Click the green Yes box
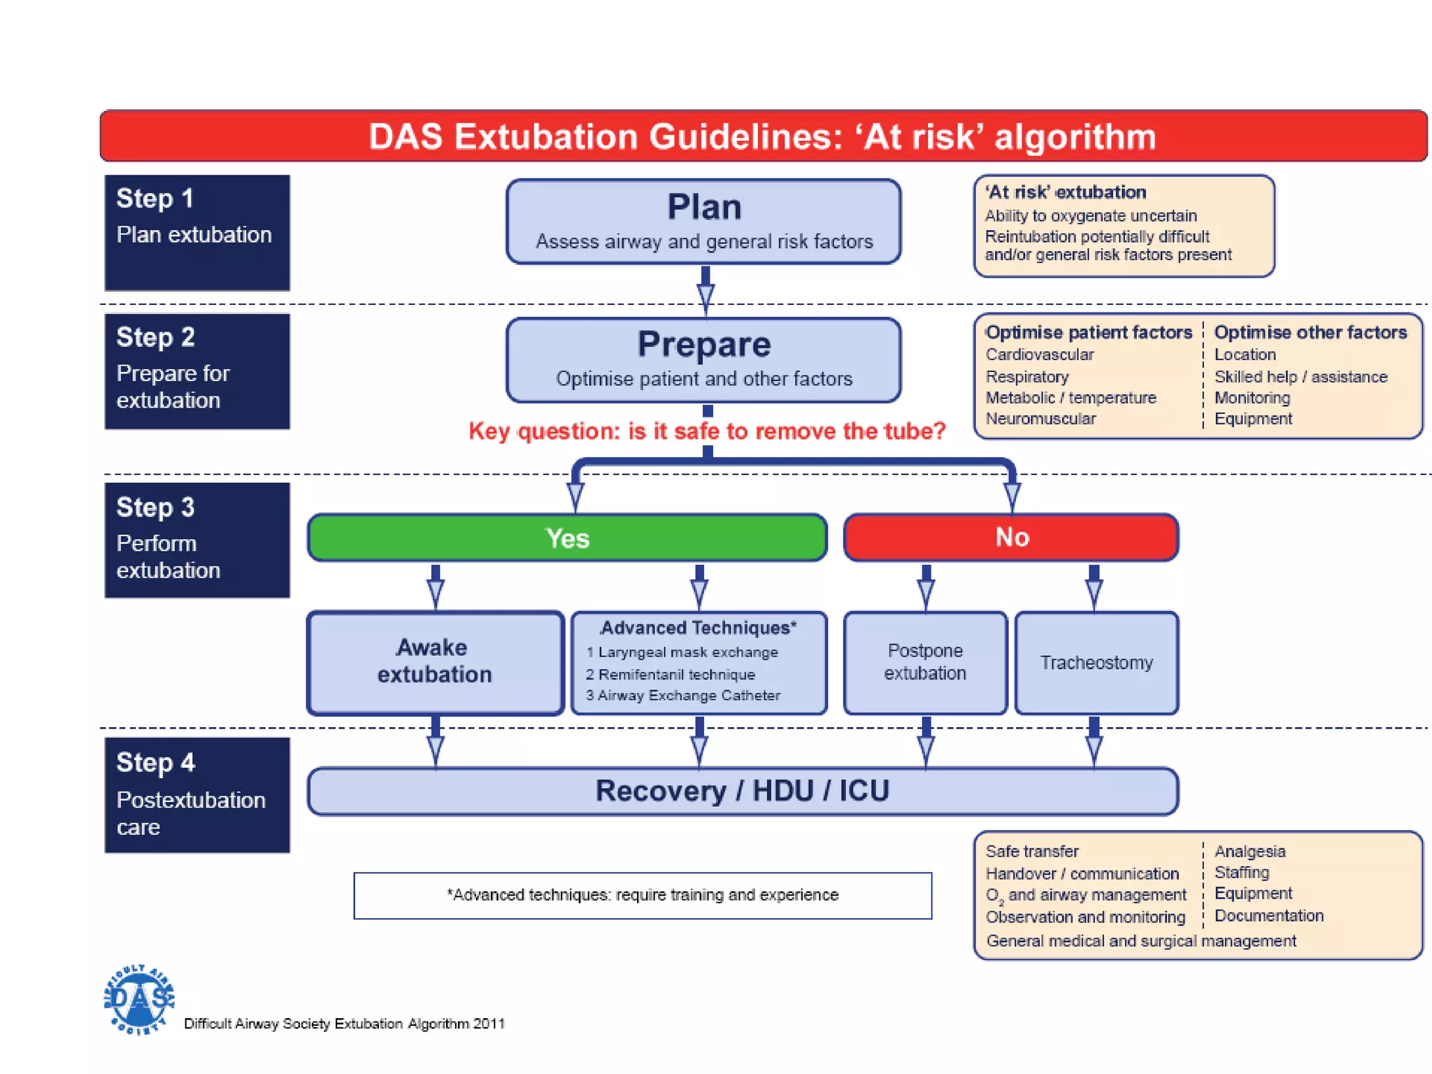tap(567, 538)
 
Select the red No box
tap(1011, 537)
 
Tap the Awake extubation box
tap(435, 661)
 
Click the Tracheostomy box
tap(1096, 662)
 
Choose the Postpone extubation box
tap(924, 661)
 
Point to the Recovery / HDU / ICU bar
tap(742, 791)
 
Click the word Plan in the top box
tap(703, 207)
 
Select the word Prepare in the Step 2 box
tap(703, 344)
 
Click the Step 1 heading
tap(155, 199)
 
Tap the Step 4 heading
tap(155, 762)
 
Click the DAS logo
tap(138, 999)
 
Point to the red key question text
tap(706, 431)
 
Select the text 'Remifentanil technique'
tap(676, 675)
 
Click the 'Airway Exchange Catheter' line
tap(688, 696)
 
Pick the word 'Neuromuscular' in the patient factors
tap(1040, 419)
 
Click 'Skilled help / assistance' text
tap(1301, 377)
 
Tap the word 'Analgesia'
tap(1250, 852)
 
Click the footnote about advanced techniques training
tap(642, 895)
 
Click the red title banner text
tap(762, 136)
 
